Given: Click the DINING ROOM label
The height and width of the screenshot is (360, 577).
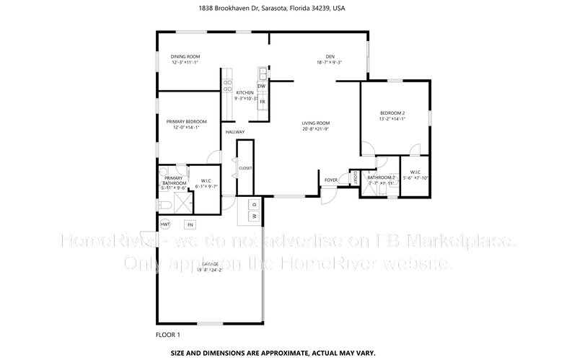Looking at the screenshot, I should tap(185, 56).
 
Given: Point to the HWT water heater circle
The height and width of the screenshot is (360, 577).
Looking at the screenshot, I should tap(165, 224).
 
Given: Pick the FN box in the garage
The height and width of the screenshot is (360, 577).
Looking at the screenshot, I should tap(190, 224).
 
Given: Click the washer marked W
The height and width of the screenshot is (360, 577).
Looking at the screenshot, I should tap(254, 216).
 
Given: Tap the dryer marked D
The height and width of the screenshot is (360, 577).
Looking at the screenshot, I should tap(254, 204).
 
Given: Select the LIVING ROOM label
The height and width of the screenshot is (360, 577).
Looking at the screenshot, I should tap(316, 123).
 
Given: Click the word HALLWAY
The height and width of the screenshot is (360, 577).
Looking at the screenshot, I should tap(235, 132).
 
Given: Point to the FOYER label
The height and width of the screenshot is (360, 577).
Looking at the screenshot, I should tap(331, 180).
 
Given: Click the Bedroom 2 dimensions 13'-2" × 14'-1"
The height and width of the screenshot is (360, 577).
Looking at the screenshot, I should tap(393, 119).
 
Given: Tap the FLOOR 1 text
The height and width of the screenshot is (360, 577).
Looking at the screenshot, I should tap(168, 335).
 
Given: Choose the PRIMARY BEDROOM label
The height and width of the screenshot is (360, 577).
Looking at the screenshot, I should tap(186, 121).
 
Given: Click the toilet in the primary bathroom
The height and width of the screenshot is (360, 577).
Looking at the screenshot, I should tap(164, 206).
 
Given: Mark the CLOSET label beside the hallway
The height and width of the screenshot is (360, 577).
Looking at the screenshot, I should tap(245, 168).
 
